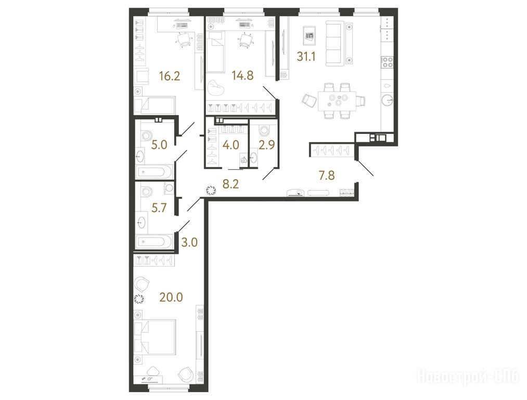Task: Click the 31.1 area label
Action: click(306, 57)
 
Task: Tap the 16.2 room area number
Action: click(170, 76)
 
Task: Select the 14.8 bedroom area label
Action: click(242, 76)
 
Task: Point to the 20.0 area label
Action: click(172, 297)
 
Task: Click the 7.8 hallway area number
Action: click(327, 176)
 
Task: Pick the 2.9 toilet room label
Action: click(267, 145)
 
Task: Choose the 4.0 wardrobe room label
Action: click(231, 145)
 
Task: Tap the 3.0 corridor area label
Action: click(189, 242)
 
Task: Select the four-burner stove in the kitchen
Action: click(387, 63)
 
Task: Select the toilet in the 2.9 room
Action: click(263, 130)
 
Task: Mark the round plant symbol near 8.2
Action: click(211, 191)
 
